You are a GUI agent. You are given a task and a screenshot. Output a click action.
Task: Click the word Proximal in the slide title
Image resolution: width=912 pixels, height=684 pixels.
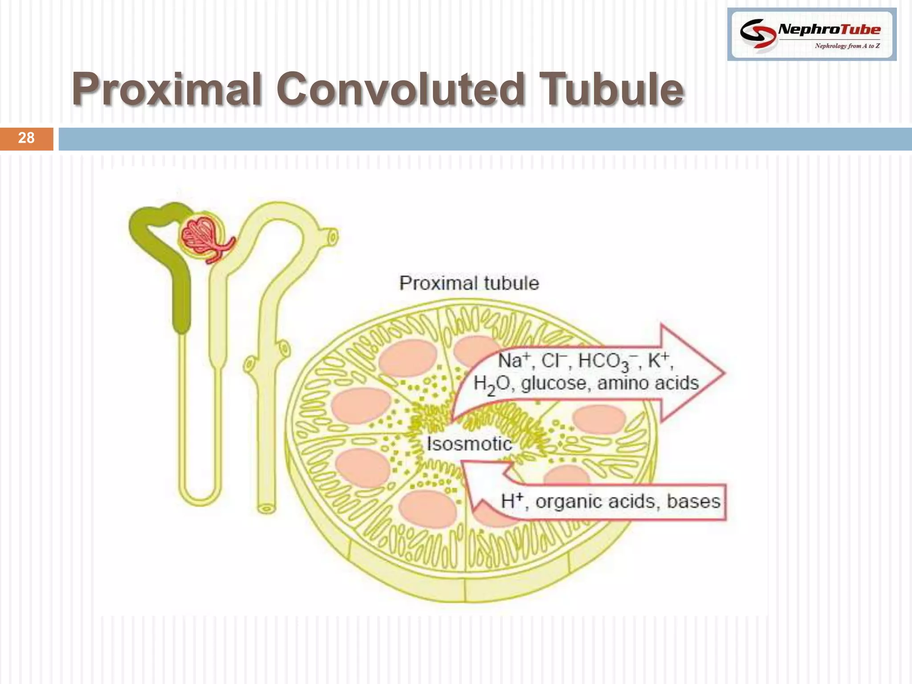click(167, 90)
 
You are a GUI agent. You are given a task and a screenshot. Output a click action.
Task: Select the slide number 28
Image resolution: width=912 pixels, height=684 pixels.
click(26, 138)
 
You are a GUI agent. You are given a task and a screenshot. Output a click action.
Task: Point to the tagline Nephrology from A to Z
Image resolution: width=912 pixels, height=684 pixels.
click(847, 46)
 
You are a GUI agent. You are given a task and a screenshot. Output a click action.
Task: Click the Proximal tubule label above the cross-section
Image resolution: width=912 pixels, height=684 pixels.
click(468, 283)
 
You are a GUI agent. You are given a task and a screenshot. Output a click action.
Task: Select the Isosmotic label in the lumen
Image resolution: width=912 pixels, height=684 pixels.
click(469, 444)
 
